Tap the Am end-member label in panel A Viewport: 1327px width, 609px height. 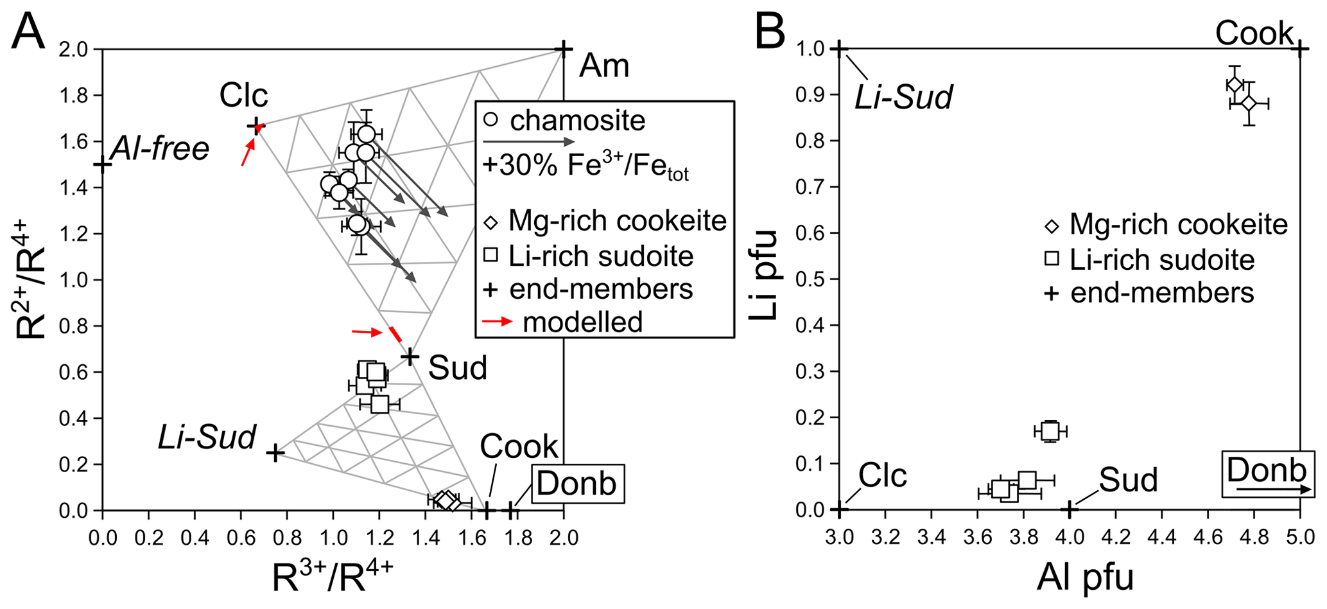603,66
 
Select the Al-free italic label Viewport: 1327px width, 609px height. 160,149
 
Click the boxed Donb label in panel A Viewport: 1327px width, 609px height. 577,483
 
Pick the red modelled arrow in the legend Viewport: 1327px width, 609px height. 497,321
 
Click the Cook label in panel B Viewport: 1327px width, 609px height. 1254,33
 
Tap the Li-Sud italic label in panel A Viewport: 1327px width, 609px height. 207,438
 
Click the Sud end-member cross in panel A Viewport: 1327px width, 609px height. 410,356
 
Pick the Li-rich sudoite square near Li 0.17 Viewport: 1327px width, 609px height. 1050,431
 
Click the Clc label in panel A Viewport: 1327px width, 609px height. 243,96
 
